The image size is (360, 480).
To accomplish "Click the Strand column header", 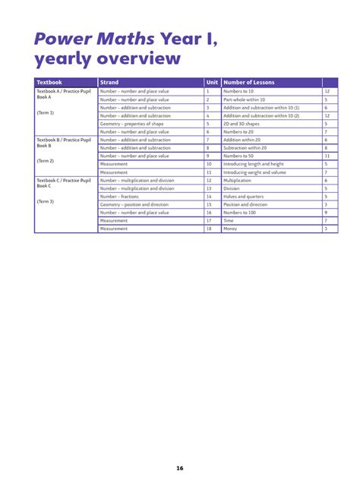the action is coord(109,82).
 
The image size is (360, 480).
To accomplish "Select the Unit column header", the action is coord(212,82).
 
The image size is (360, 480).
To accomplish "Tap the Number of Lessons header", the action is coord(249,82).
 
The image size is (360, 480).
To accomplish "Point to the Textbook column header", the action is coord(49,82).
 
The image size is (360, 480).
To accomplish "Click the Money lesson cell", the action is coord(231,229).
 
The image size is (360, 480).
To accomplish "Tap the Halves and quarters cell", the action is coord(242,196).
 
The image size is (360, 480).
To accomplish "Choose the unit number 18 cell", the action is coord(209,229).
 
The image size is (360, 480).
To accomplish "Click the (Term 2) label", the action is coord(46,161).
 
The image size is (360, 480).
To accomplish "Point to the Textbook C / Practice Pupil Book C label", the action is coord(64,183).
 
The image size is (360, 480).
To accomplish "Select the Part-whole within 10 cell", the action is coord(245,99).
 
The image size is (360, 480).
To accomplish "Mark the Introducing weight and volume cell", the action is coord(254,172).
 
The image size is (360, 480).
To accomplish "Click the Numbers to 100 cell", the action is coord(239,213).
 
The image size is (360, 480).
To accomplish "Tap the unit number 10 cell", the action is coord(209,163).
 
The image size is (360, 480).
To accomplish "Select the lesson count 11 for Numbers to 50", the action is coord(327,155).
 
